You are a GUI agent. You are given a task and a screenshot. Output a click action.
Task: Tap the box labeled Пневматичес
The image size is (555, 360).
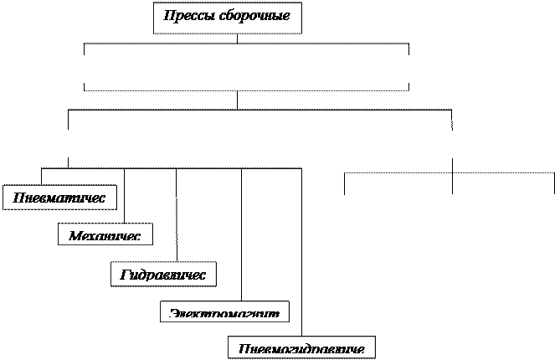tap(59, 198)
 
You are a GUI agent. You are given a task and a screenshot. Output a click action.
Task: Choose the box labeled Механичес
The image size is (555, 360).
tap(105, 234)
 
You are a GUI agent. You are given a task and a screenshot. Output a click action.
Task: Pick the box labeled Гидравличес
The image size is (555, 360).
tap(163, 274)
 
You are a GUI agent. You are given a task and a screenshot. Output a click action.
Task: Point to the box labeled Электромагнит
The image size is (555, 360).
tap(224, 312)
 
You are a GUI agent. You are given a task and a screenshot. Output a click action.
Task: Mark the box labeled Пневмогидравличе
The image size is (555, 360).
tap(301, 347)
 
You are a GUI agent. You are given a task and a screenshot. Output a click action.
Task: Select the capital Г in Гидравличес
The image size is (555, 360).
tap(124, 274)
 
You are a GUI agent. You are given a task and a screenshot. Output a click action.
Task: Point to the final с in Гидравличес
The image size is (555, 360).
tap(203, 275)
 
